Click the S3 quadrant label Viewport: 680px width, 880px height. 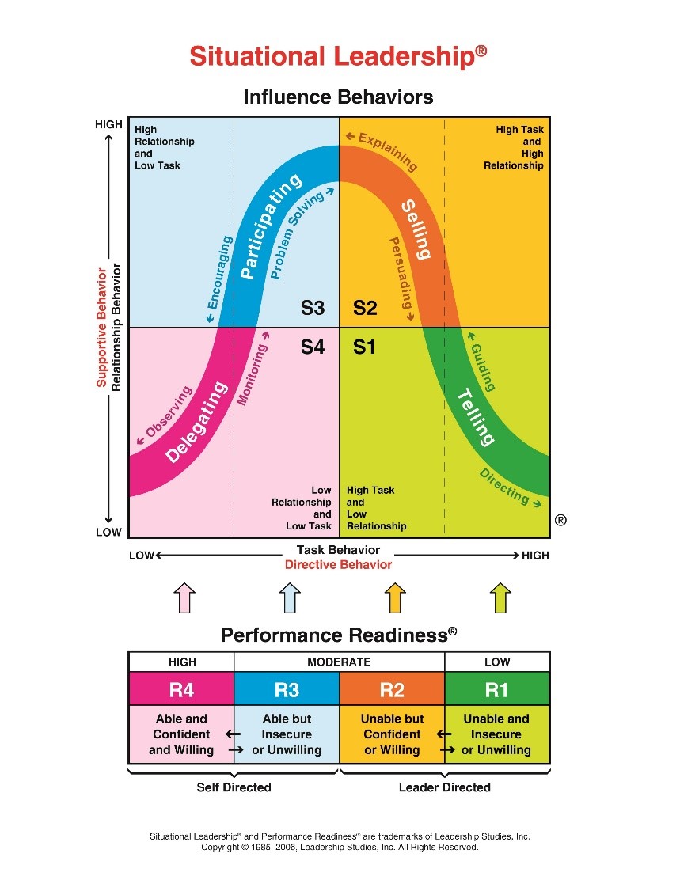[x=313, y=308]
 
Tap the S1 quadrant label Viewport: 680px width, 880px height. [x=364, y=347]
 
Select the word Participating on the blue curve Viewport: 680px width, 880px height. [x=271, y=226]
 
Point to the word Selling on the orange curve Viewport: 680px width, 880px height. [x=416, y=230]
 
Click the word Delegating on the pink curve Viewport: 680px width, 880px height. [x=197, y=423]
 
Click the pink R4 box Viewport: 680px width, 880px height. [x=181, y=689]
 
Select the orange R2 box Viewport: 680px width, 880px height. [x=392, y=689]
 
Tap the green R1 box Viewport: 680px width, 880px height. [x=496, y=689]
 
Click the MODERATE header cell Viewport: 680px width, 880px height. [x=339, y=662]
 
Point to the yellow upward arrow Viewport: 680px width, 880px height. [x=394, y=597]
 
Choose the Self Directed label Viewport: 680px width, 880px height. [x=234, y=787]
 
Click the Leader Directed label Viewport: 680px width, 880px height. [x=444, y=787]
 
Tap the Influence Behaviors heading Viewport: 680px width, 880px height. [x=338, y=97]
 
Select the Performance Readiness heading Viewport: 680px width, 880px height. [x=338, y=635]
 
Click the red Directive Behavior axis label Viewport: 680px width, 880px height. [x=338, y=565]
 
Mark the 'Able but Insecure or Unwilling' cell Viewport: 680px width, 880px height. [x=287, y=734]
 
